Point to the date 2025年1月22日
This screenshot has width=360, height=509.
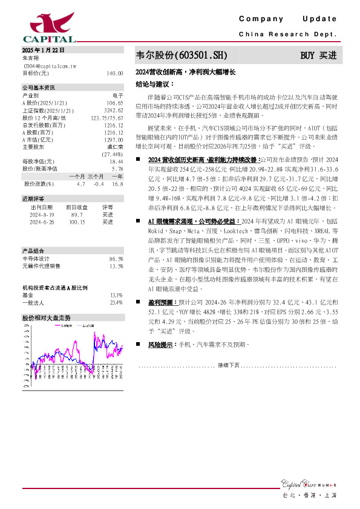(x=43, y=50)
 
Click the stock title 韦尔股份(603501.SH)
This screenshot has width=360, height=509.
(x=182, y=55)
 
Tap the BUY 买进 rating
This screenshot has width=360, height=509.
(x=318, y=55)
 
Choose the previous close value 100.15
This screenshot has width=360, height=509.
(x=77, y=222)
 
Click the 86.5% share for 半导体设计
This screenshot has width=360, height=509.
(x=116, y=259)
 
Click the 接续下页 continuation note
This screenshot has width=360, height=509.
(x=229, y=366)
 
